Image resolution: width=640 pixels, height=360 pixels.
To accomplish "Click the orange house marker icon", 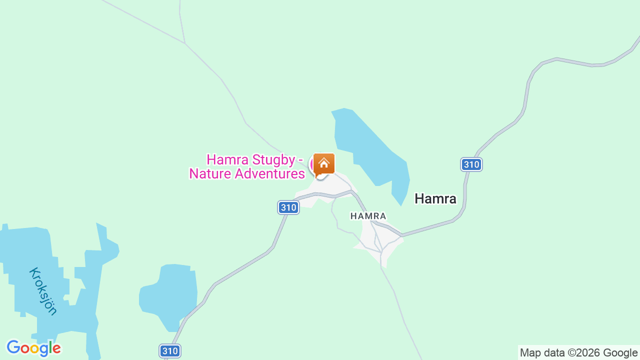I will (324, 163).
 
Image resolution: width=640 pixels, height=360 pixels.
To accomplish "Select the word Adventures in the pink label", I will (270, 174).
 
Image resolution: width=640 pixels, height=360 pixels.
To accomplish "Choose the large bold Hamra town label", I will (435, 199).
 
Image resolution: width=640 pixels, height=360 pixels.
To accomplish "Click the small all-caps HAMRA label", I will (368, 216).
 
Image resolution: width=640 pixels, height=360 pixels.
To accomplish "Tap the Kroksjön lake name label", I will (43, 291).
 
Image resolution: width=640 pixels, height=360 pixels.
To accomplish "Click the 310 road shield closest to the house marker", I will (288, 207).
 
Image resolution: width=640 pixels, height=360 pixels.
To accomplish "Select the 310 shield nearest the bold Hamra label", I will (471, 164).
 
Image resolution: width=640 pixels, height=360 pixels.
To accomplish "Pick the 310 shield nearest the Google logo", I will (170, 351).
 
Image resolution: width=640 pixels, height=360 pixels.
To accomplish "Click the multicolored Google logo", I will (33, 348).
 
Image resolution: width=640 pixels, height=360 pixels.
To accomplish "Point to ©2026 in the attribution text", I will (583, 352).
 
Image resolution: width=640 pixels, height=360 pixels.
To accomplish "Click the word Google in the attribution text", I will (620, 352).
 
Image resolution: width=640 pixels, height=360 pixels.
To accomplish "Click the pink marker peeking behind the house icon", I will (312, 164).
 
